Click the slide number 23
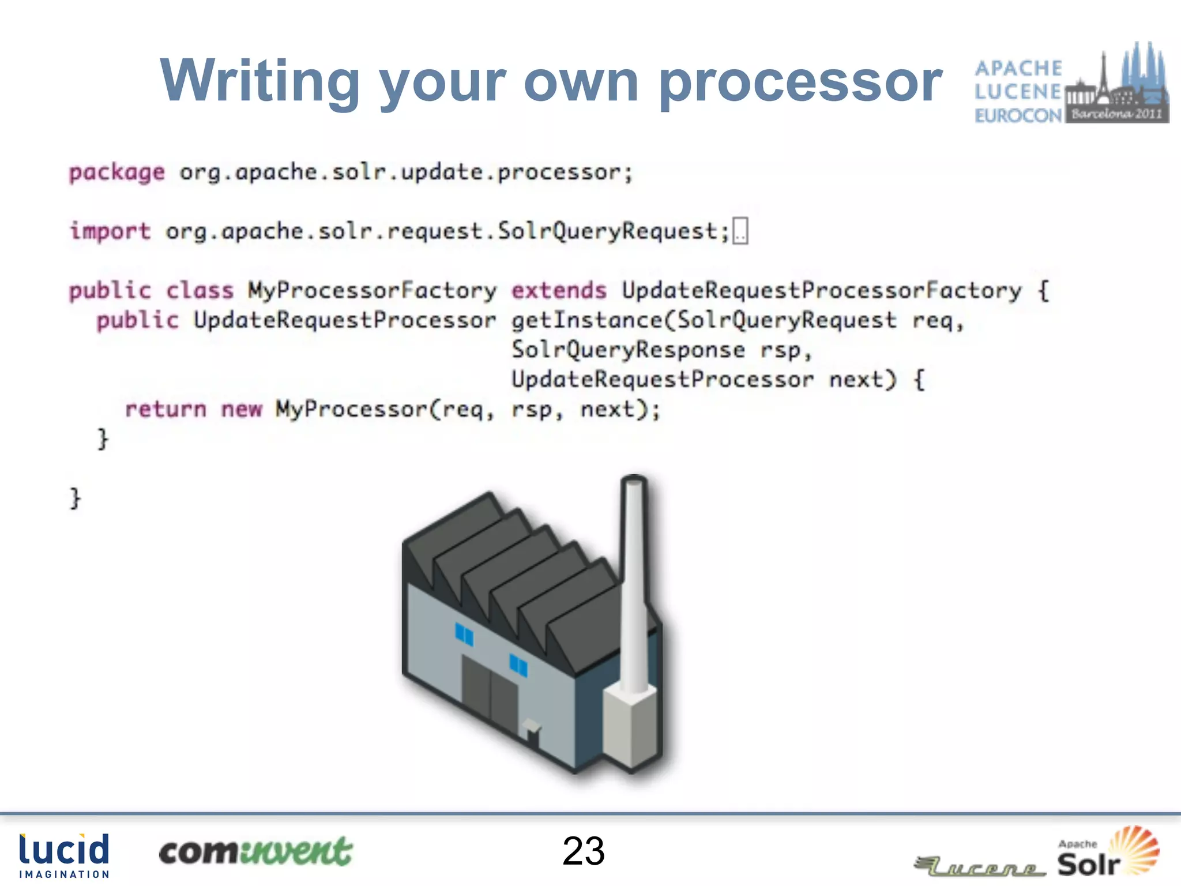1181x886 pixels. (x=584, y=851)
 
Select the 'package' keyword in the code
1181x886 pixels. (x=117, y=172)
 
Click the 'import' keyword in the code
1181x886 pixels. (x=110, y=231)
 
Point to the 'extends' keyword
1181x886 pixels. (x=559, y=290)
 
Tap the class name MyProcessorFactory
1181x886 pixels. (x=372, y=290)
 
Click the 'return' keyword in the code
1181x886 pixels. (x=166, y=409)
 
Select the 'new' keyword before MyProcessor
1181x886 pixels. (x=242, y=409)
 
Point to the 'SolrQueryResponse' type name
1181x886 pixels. (x=628, y=350)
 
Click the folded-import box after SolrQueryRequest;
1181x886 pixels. (x=740, y=231)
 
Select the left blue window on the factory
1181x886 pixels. (x=464, y=635)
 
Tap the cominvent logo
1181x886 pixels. (x=255, y=852)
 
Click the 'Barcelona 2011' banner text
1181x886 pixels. (x=1116, y=114)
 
